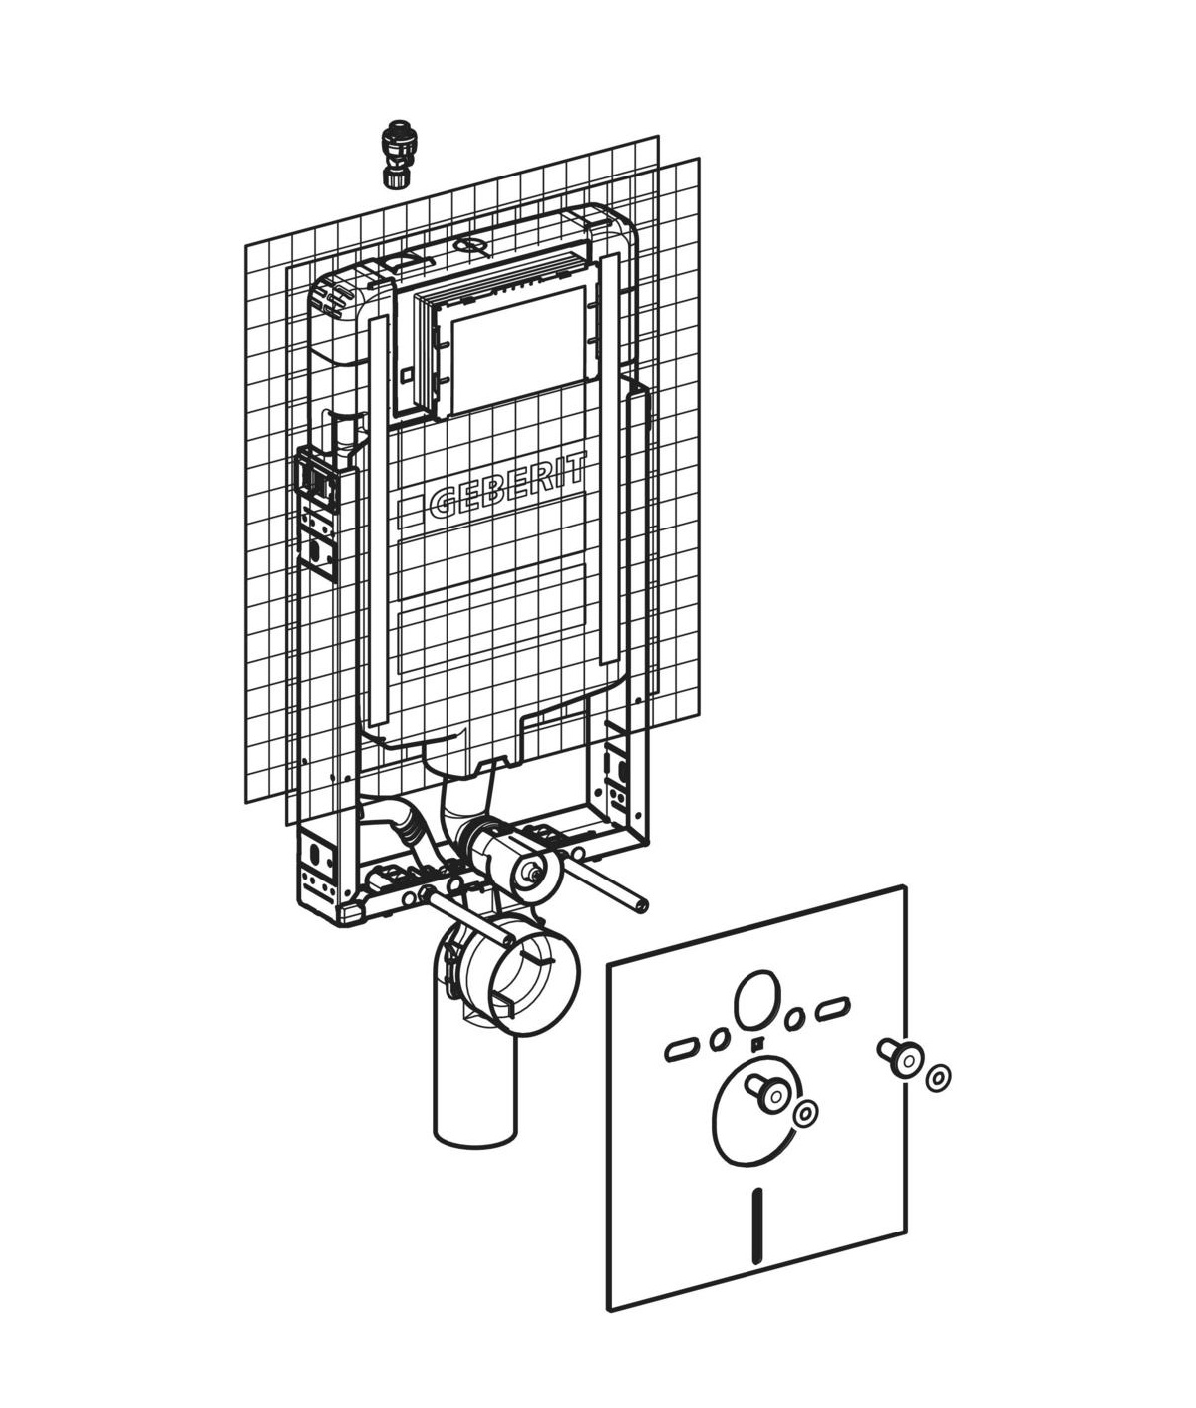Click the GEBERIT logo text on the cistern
pyautogui.click(x=507, y=488)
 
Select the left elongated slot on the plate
pyautogui.click(x=680, y=1050)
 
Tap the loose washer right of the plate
pyautogui.click(x=937, y=1078)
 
